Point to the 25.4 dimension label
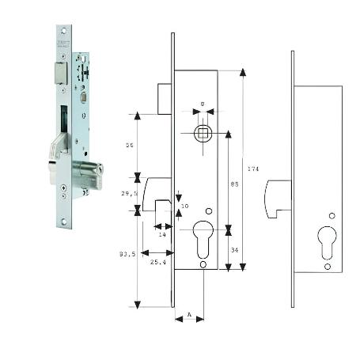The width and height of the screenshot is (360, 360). coord(157,261)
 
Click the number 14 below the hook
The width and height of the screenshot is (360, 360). coord(161,235)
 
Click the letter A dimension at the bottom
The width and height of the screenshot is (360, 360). coord(189,315)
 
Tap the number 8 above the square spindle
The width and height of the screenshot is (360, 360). coord(203,104)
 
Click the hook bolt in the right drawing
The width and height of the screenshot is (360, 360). coord(276,199)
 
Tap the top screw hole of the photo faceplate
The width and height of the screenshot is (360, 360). coord(62,31)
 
